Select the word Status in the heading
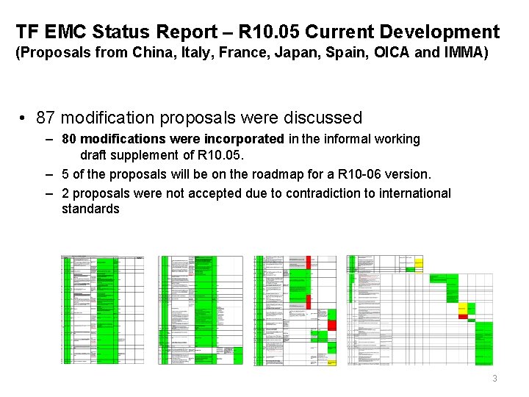(x=126, y=32)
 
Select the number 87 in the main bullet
(x=46, y=118)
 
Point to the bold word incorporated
(x=247, y=139)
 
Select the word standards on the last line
(x=90, y=209)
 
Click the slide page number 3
(x=494, y=379)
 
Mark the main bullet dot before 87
(x=24, y=118)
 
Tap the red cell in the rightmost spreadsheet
(x=463, y=316)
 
